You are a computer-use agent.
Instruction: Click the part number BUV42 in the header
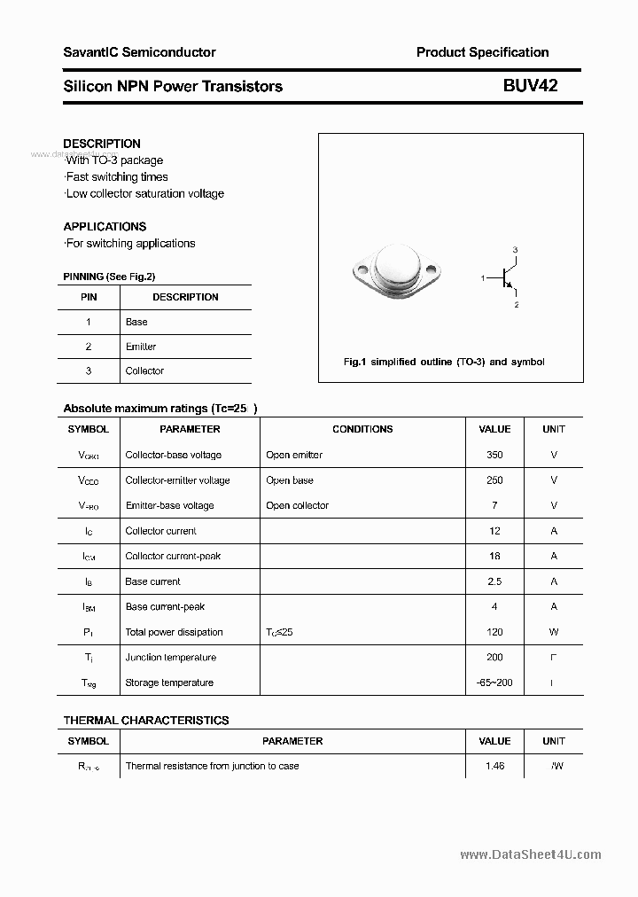click(x=531, y=86)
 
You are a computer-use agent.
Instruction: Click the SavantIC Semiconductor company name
click(x=139, y=52)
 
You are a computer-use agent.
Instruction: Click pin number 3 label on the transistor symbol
click(x=515, y=250)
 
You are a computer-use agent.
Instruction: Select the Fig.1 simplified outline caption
click(x=443, y=362)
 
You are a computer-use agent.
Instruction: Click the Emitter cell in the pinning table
click(x=141, y=347)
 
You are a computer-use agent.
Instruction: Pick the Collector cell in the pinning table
click(x=144, y=370)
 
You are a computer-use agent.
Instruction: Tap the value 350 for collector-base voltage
click(x=494, y=455)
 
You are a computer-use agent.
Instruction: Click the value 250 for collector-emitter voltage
click(x=494, y=480)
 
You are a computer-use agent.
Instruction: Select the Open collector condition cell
click(x=297, y=505)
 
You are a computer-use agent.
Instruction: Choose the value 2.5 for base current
click(x=494, y=581)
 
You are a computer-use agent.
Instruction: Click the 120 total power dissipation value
click(x=494, y=632)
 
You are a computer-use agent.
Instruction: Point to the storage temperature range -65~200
click(x=494, y=682)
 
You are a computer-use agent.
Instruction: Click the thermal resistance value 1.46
click(x=494, y=766)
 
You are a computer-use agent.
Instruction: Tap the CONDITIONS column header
click(x=362, y=429)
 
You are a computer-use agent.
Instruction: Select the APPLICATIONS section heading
click(x=105, y=226)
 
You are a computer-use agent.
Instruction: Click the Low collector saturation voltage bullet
click(x=144, y=193)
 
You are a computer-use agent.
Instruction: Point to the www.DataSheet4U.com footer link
click(x=531, y=854)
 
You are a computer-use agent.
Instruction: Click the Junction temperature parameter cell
click(x=170, y=657)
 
